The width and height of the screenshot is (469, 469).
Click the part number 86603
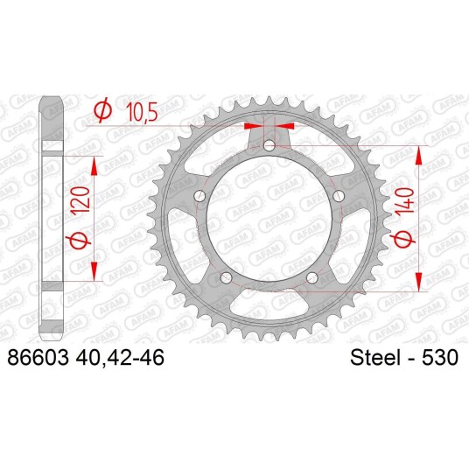point(38,357)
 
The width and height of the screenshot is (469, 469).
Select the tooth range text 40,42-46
point(120,358)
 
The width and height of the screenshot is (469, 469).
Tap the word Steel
point(375,357)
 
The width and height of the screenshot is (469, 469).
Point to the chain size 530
point(439,357)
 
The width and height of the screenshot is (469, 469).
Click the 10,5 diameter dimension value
point(142,113)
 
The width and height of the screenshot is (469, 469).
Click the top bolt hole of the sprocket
point(269,146)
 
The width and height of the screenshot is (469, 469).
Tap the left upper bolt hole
point(199,197)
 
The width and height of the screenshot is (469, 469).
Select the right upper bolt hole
point(339,197)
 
